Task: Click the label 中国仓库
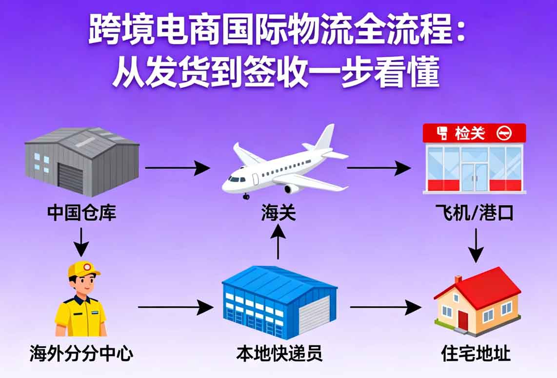coord(82,213)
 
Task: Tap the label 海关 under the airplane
coord(278,213)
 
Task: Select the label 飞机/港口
coord(475,213)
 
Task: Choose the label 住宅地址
coord(476,353)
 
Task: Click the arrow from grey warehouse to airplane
coord(178,168)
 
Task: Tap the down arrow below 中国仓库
coord(81,242)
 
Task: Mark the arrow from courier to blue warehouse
coord(176,307)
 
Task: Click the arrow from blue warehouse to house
coord(385,307)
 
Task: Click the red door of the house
coord(462,321)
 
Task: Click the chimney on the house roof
coord(458,280)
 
